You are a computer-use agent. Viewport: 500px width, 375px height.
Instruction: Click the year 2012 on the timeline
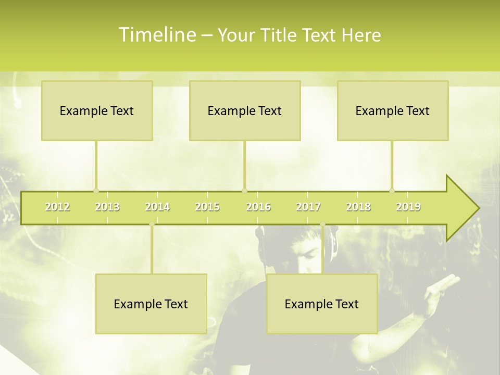[57, 207]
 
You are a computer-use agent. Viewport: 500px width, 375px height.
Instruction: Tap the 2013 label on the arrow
[107, 207]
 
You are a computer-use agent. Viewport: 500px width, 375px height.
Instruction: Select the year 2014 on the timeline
[157, 207]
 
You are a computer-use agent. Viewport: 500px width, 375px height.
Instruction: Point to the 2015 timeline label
[207, 207]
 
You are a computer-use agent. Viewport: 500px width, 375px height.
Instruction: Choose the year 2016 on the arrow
[258, 207]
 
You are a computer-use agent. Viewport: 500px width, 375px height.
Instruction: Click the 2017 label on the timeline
[308, 207]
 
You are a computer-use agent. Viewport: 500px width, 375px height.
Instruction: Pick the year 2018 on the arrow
[358, 207]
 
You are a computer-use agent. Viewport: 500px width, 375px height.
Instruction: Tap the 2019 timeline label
[408, 207]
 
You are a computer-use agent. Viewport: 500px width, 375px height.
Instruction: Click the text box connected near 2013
[97, 110]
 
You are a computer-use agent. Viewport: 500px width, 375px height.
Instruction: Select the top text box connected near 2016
[245, 110]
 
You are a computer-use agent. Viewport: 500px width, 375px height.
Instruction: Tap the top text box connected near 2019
[393, 110]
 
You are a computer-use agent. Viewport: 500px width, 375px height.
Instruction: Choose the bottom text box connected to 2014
[151, 304]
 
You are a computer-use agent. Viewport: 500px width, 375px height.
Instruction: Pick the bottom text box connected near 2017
[322, 304]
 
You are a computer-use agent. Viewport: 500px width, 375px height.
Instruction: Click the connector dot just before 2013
[96, 191]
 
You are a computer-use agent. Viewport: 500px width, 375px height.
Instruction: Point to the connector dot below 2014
[152, 224]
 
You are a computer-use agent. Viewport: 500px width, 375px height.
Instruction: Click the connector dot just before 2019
[392, 191]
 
